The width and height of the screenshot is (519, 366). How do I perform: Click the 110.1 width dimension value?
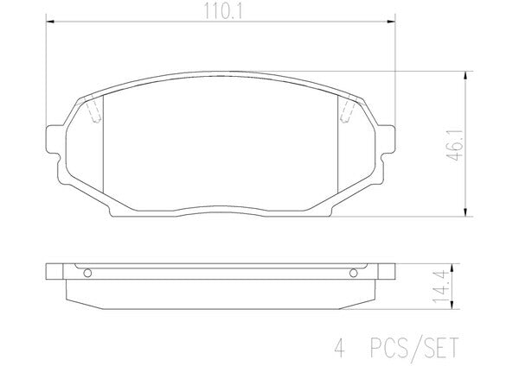223,10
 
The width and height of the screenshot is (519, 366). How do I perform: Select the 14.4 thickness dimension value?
441,287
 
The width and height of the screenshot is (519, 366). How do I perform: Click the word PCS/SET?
414,348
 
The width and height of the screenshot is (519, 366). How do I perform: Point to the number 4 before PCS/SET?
340,348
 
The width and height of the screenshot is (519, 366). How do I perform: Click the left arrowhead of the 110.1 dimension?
50,22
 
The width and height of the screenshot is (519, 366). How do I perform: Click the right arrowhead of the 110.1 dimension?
391,22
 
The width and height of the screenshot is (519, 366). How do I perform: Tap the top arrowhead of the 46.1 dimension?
465,75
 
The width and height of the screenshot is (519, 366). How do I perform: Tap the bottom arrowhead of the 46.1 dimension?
465,212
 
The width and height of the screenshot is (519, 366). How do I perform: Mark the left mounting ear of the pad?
54,139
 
